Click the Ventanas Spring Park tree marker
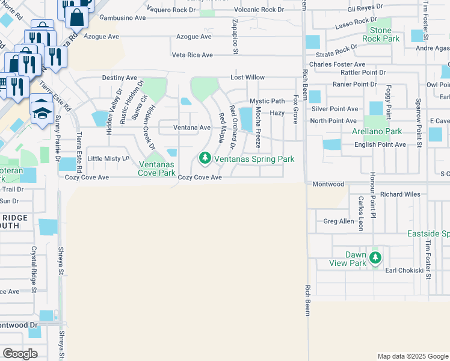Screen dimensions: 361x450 tap(205, 159)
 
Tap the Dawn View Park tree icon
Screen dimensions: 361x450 tap(376, 258)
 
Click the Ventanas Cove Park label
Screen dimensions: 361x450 tap(158, 168)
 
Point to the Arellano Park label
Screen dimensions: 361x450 tap(377, 131)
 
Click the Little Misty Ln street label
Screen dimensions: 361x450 tap(108, 158)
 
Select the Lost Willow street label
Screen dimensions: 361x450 tap(248, 78)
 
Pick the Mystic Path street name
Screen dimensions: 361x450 tap(267, 101)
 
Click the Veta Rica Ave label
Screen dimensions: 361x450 tap(193, 55)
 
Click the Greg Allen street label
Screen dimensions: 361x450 tap(339, 221)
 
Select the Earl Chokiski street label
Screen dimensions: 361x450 tap(406, 271)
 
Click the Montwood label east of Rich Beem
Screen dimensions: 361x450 tap(328, 184)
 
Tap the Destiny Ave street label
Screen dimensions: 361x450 tap(120, 78)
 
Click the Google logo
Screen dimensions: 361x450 tap(20, 354)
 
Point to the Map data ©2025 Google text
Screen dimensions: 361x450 tap(412, 356)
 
